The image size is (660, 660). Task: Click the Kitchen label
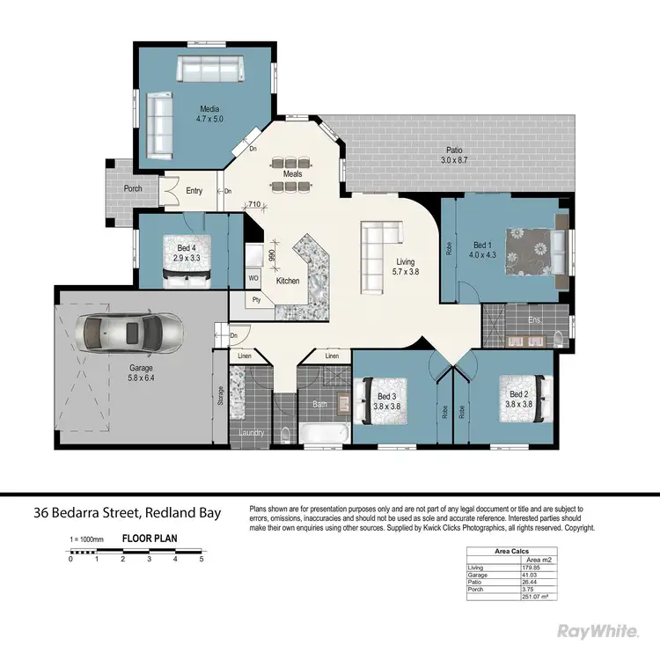pos(288,281)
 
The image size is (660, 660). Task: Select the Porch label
pos(133,188)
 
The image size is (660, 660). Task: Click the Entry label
pos(194,190)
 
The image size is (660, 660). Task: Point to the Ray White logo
pos(597,632)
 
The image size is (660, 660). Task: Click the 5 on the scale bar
pos(202,559)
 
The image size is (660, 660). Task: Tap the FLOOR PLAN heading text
pos(146,536)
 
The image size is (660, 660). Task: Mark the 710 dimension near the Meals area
pos(254,205)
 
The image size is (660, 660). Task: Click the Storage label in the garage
pos(220,398)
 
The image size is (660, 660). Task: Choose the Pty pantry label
pos(256,299)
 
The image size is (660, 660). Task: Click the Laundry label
pos(252,433)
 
